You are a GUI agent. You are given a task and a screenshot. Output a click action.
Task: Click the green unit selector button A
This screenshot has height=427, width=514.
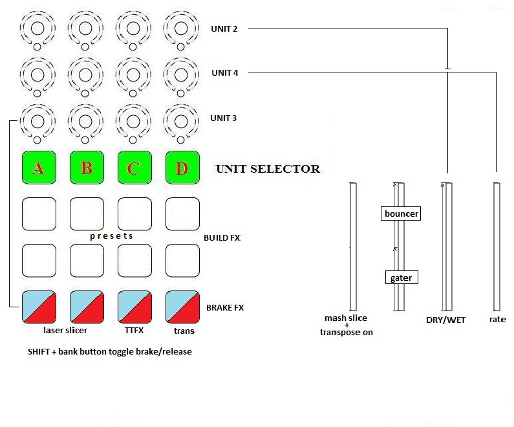[x=39, y=168]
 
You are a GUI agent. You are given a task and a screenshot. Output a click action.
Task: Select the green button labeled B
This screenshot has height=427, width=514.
[x=87, y=168]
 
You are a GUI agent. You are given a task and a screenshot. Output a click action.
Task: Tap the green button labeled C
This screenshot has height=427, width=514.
[x=134, y=168]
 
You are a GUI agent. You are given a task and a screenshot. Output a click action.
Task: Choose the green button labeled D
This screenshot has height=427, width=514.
[x=182, y=168]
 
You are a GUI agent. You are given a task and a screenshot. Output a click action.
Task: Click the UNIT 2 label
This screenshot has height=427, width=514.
[x=224, y=28]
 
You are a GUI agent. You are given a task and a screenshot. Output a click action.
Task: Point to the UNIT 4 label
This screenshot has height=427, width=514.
[x=224, y=73]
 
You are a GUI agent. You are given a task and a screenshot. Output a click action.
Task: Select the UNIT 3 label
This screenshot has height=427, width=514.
[x=224, y=118]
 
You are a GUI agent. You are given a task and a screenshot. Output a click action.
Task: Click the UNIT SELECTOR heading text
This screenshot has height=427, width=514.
[x=268, y=169]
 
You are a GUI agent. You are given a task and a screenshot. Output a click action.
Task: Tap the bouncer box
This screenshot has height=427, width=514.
[x=401, y=213]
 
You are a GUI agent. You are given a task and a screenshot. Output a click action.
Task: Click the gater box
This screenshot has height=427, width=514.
[x=401, y=278]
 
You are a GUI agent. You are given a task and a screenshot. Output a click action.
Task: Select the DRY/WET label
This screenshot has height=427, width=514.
[x=445, y=320]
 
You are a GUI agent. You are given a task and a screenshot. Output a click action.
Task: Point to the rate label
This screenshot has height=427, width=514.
[x=497, y=320]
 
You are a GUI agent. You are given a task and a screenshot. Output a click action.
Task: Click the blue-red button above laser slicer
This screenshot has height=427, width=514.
[x=39, y=307]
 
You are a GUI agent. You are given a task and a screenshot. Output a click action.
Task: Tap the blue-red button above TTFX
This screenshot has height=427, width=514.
[x=134, y=307]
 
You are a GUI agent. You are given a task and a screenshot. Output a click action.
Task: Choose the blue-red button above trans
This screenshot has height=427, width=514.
[x=182, y=307]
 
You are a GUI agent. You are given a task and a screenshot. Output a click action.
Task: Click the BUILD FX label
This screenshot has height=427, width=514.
[x=222, y=238]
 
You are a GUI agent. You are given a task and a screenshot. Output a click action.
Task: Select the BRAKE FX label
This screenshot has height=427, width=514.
[x=225, y=308]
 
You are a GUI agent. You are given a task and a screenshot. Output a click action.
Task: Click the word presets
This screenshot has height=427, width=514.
[x=111, y=236]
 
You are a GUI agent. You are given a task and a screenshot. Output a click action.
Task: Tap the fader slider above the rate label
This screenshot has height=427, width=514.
[x=496, y=246]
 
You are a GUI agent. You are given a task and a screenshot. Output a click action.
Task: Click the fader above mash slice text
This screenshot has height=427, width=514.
[x=352, y=246]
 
